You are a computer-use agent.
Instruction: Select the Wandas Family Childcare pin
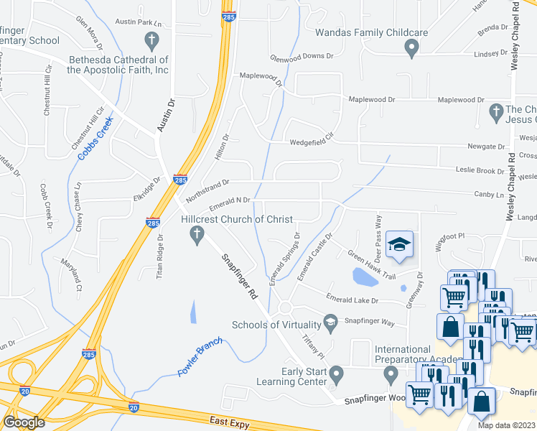[x=411, y=49]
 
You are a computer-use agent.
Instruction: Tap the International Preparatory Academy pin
[x=391, y=374]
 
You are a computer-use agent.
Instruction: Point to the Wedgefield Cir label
[x=312, y=142]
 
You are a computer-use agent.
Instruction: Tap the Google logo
[x=24, y=422]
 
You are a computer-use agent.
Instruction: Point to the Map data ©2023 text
[x=507, y=425]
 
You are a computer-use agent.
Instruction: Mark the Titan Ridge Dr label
[x=161, y=256]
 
